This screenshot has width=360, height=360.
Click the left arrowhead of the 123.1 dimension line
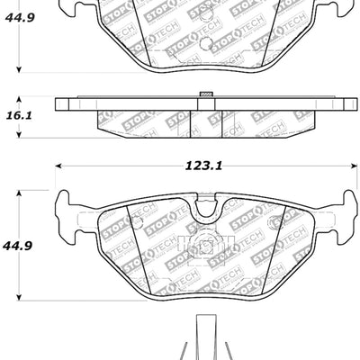click(58, 166)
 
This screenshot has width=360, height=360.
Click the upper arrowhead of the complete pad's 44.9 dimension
click(20, 192)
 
